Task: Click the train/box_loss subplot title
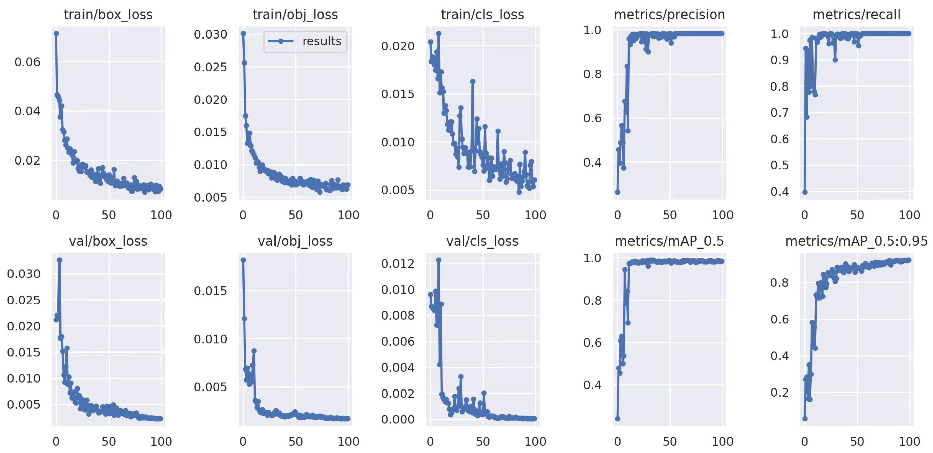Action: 108,15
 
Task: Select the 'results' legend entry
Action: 305,41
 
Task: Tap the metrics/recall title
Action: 856,15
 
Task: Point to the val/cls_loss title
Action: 482,241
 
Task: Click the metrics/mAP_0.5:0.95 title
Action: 856,241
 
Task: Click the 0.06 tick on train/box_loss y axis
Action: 27,62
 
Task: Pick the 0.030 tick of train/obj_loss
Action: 210,34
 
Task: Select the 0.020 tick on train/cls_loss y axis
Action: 397,46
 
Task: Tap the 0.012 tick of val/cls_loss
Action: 397,263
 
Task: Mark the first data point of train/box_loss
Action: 56,34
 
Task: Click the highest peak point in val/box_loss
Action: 59,260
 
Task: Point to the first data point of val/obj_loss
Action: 243,260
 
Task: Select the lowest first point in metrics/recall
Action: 805,192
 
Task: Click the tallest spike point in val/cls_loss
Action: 439,260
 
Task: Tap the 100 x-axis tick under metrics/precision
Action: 722,215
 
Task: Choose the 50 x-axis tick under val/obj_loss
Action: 295,442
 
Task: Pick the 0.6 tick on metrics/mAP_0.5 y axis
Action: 592,342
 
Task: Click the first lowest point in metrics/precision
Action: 618,192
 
